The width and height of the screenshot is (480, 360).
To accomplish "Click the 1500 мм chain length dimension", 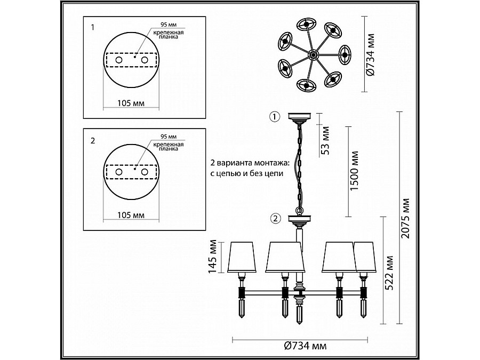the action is pos(354,171).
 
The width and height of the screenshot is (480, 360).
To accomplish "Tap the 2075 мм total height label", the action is pos(405,218).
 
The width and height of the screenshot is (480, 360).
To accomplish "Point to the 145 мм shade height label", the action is pos(212,257).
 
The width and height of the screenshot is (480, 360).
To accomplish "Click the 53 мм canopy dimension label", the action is pos(325,140).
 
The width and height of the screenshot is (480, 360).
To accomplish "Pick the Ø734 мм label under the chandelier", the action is pos(305,346).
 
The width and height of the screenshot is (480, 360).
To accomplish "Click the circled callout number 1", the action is pos(275,117).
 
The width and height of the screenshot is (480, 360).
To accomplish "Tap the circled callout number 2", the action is pos(276,219).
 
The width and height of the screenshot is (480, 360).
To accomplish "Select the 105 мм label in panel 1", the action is pos(131,103).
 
